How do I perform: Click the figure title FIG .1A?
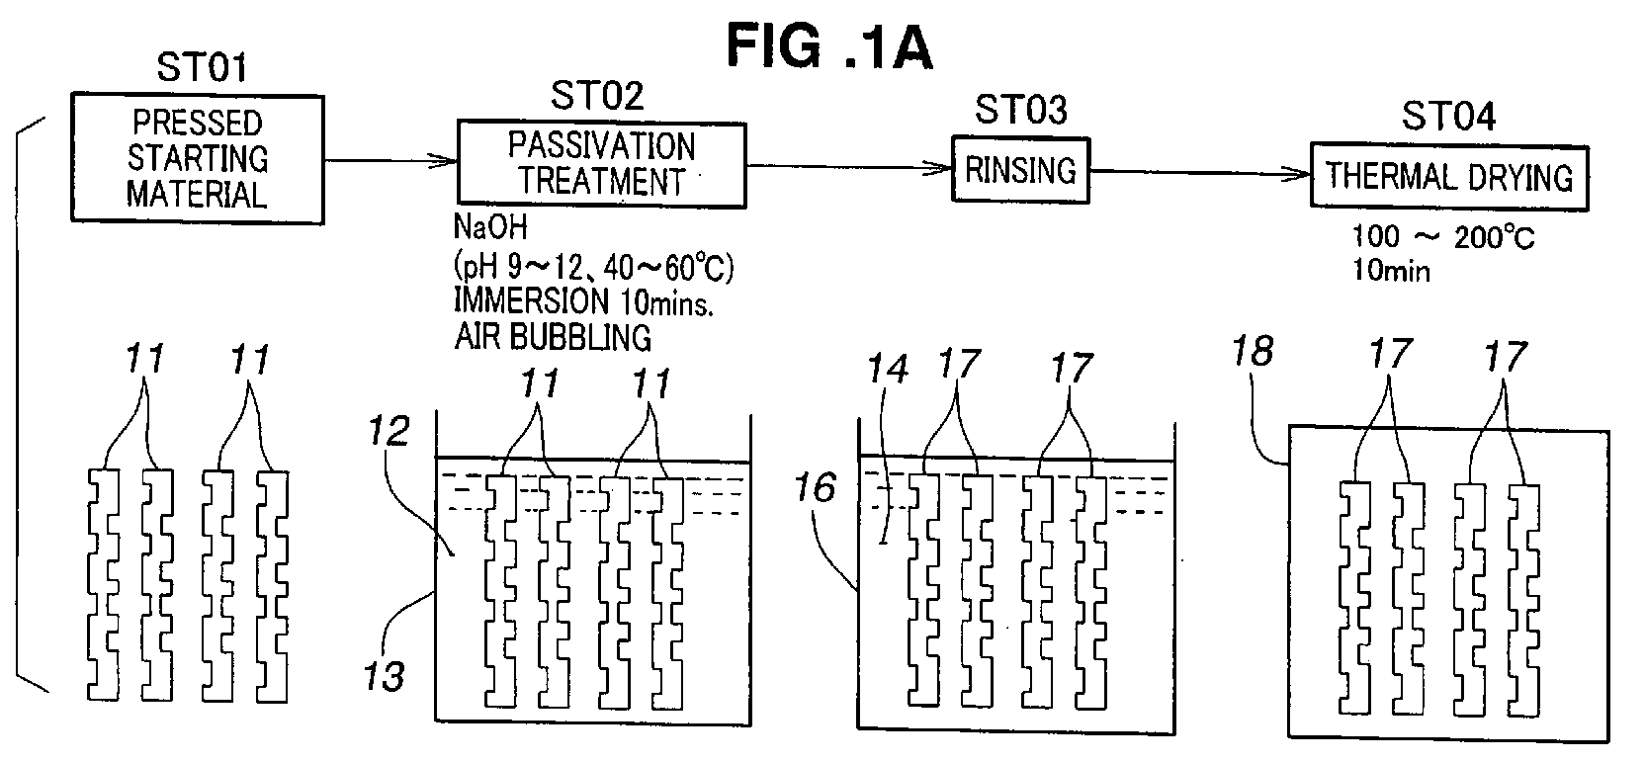click(829, 45)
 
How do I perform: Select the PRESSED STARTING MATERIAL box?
click(198, 158)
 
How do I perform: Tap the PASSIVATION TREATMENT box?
click(601, 164)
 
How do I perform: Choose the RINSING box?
click(1020, 170)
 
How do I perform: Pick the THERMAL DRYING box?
click(1449, 178)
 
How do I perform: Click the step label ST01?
click(202, 67)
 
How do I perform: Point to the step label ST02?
click(597, 96)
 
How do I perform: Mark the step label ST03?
click(1021, 110)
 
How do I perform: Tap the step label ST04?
click(1448, 116)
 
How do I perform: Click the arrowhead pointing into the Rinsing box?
click(942, 168)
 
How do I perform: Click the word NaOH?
click(490, 227)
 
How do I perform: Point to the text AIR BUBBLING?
click(553, 337)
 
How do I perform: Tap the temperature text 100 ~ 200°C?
click(1443, 237)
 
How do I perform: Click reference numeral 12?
click(389, 431)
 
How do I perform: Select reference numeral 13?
click(385, 676)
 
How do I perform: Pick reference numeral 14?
click(888, 369)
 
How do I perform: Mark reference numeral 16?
click(816, 487)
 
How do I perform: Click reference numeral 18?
click(1253, 351)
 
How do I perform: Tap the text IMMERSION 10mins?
click(584, 301)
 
